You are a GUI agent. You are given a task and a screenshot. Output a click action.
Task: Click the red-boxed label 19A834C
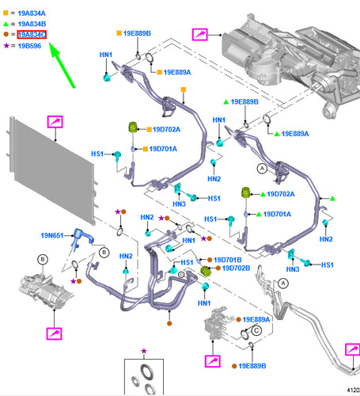pyautogui.click(x=32, y=35)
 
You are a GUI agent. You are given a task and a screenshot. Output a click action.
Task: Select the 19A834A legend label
pyautogui.click(x=32, y=13)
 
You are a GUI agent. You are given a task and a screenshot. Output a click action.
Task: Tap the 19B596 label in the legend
pyautogui.click(x=29, y=46)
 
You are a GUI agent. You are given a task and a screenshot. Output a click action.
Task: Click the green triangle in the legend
pyautogui.click(x=6, y=24)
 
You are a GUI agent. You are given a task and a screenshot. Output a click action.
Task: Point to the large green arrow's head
pyautogui.click(x=55, y=50)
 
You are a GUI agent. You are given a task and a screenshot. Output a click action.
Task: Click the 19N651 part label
pyautogui.click(x=52, y=235)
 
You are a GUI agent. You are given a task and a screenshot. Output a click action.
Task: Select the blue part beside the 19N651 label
pyautogui.click(x=81, y=238)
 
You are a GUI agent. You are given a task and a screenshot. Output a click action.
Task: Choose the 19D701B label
pyautogui.click(x=228, y=260)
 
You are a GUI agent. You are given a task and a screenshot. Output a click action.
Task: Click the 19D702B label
pyautogui.click(x=236, y=268)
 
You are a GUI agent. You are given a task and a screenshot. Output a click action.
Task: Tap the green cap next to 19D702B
pyautogui.click(x=206, y=271)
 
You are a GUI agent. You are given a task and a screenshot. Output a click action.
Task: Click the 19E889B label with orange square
pyautogui.click(x=137, y=33)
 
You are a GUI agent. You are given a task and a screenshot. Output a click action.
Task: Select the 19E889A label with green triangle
pyautogui.click(x=295, y=134)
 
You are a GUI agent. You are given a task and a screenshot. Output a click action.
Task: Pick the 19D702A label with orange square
pyautogui.click(x=166, y=129)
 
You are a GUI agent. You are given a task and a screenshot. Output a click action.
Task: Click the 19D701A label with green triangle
pyautogui.click(x=277, y=214)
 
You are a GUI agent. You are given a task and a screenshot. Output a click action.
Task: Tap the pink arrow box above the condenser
pyautogui.click(x=55, y=122)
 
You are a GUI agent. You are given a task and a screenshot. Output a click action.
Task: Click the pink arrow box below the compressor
pyautogui.click(x=54, y=333)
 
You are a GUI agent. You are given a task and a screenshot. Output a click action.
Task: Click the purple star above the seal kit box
pyautogui.click(x=144, y=351)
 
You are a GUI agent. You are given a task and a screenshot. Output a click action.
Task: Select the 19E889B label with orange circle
pyautogui.click(x=252, y=366)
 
